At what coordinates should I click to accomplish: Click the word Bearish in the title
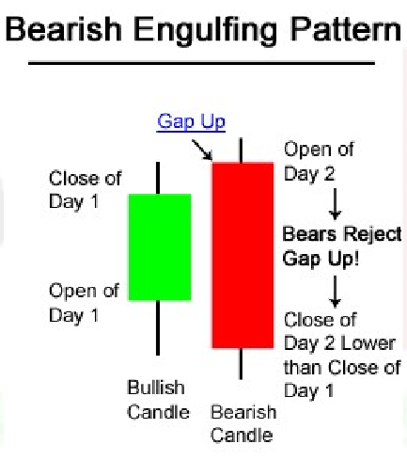pos(64,29)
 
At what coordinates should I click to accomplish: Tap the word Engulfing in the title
pos(206,32)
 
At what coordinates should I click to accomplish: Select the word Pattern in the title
pos(346,29)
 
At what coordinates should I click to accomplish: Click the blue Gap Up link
pos(191,122)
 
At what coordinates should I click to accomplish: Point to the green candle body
pos(160,247)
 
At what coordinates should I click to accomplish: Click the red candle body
pos(243,255)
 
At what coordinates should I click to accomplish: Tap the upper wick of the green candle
pos(158,178)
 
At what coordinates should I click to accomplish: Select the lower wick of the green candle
pos(158,327)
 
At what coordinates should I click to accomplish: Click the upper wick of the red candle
pos(241,151)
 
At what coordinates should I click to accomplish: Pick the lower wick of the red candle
pos(241,364)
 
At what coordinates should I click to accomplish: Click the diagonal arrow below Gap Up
pos(202,150)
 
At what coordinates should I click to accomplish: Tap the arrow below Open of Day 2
pos(336,204)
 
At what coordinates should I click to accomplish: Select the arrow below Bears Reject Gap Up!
pos(336,292)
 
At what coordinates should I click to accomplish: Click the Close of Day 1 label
pos(85,190)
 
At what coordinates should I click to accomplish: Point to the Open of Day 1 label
pos(84,303)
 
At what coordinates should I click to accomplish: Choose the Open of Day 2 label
pos(319,162)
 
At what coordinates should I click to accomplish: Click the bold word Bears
pos(309,234)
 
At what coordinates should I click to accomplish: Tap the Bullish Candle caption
pos(158,400)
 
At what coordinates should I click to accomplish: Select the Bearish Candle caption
pos(243,423)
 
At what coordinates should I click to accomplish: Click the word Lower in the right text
pos(368,343)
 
